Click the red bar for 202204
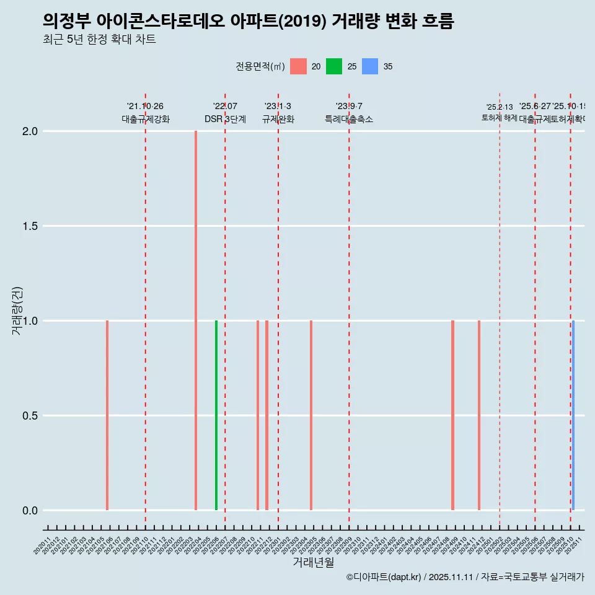coord(196,320)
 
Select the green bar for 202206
coord(216,415)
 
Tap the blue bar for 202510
coord(573,415)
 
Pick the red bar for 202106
coord(107,415)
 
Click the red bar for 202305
coord(311,415)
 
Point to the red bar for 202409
coord(453,415)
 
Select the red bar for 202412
coord(479,415)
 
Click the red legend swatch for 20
coord(298,66)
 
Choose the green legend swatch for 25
coord(334,66)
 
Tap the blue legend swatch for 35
coord(370,66)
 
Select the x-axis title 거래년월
coord(313,563)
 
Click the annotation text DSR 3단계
coord(225,120)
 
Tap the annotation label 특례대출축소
coord(349,120)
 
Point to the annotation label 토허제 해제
coord(500,118)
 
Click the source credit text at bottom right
coord(465,577)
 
